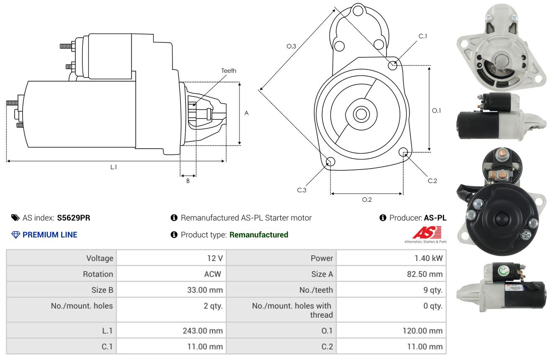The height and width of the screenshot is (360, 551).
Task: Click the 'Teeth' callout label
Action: coord(229,71)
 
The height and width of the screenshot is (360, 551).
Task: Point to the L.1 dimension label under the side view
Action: coord(113,167)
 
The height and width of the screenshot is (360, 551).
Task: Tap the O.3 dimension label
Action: coord(291,46)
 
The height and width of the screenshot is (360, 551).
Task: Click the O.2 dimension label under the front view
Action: coord(367,200)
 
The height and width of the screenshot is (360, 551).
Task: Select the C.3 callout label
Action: coord(301,190)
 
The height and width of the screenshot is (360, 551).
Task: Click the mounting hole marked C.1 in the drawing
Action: coord(392,65)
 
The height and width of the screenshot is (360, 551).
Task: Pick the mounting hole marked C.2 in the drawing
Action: coord(403,152)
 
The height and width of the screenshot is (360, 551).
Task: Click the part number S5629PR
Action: coord(74,218)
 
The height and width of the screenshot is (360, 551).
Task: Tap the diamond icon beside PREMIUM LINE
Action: coord(16,234)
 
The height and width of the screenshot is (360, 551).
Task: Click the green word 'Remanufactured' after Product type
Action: coord(259,234)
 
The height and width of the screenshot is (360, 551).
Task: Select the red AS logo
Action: coord(427,232)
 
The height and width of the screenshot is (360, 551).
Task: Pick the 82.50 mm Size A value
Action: coord(425,274)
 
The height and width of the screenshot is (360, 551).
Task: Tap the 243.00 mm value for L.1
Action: coord(203,331)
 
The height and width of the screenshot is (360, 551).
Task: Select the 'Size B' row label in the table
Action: coord(102,290)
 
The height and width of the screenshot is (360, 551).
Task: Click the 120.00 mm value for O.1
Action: coord(422,331)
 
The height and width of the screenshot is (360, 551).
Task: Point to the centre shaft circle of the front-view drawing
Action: coord(361,114)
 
